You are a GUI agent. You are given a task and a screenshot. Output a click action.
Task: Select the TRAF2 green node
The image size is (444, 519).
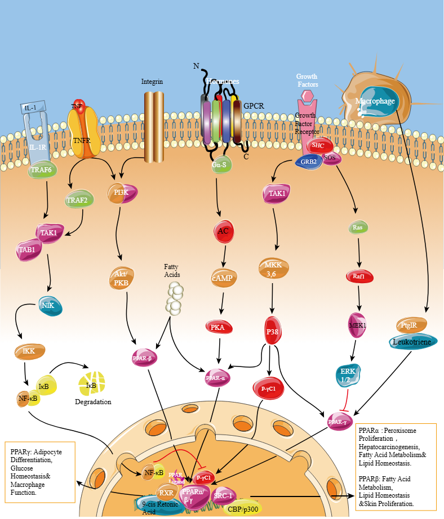(79, 200)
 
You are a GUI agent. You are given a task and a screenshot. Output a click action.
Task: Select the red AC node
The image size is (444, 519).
(224, 231)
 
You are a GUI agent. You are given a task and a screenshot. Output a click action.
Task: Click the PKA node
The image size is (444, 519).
(217, 326)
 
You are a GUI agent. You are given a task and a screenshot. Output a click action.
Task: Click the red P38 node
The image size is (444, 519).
(273, 331)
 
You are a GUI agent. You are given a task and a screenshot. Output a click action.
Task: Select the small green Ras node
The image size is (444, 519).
(357, 227)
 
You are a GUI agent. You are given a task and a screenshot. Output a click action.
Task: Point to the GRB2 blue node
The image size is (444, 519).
(308, 162)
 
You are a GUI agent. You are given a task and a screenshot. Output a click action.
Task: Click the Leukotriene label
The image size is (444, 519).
(412, 342)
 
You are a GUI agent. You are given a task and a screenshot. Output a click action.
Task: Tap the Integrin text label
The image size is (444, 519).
(152, 82)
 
